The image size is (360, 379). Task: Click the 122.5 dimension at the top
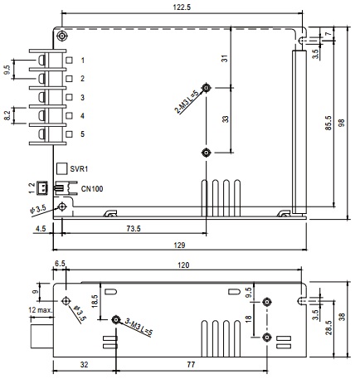pyautogui.click(x=182, y=7)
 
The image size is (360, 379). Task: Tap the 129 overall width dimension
pyautogui.click(x=179, y=245)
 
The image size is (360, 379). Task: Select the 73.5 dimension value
pyautogui.click(x=134, y=229)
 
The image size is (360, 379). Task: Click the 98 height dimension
pyautogui.click(x=342, y=123)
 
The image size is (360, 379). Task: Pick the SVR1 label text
pyautogui.click(x=79, y=168)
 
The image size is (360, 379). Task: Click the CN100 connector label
pyautogui.click(x=92, y=189)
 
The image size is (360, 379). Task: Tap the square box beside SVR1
pyautogui.click(x=61, y=168)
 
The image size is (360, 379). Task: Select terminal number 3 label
pyautogui.click(x=82, y=97)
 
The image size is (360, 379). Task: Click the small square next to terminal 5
pyautogui.click(x=69, y=134)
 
